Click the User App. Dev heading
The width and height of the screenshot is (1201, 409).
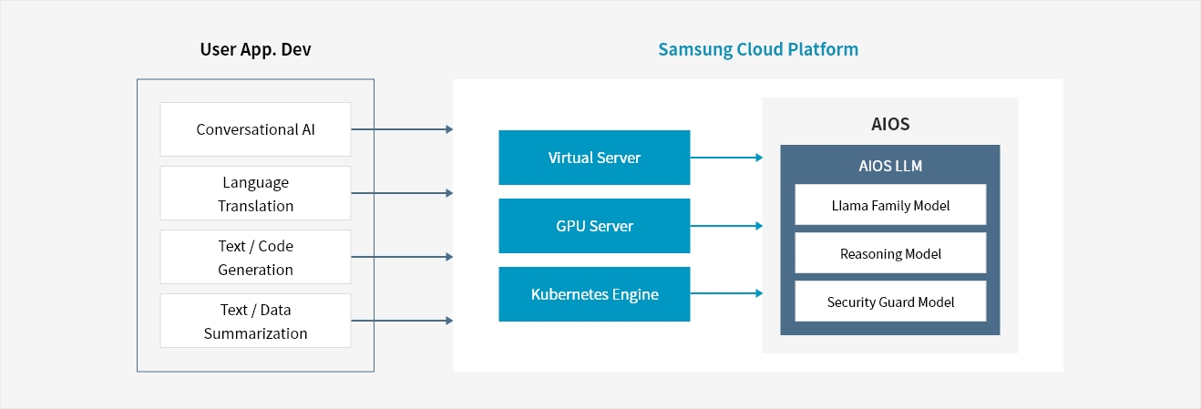255,49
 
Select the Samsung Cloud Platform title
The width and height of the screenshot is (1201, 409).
758,49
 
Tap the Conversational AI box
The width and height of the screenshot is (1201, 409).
255,129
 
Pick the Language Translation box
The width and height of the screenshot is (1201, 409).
255,193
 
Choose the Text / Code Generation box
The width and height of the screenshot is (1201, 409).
255,257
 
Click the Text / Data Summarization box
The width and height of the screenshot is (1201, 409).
255,321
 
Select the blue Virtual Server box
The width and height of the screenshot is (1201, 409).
594,158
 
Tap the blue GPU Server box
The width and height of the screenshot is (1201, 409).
594,226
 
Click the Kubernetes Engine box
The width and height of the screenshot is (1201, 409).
594,294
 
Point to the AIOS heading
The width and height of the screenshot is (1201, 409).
890,124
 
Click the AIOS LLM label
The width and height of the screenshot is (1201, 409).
890,166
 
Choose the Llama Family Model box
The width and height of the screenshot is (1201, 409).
890,205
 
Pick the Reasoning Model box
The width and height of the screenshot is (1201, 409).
890,253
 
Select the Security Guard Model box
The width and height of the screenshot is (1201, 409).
890,302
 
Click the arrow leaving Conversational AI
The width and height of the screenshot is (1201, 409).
402,129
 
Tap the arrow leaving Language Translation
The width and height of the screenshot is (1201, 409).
402,193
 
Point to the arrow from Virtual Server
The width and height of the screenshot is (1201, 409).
726,158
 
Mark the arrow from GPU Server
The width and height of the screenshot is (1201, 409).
726,226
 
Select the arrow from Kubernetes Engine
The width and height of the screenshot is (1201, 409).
726,293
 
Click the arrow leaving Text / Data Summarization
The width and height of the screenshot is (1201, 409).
402,321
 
